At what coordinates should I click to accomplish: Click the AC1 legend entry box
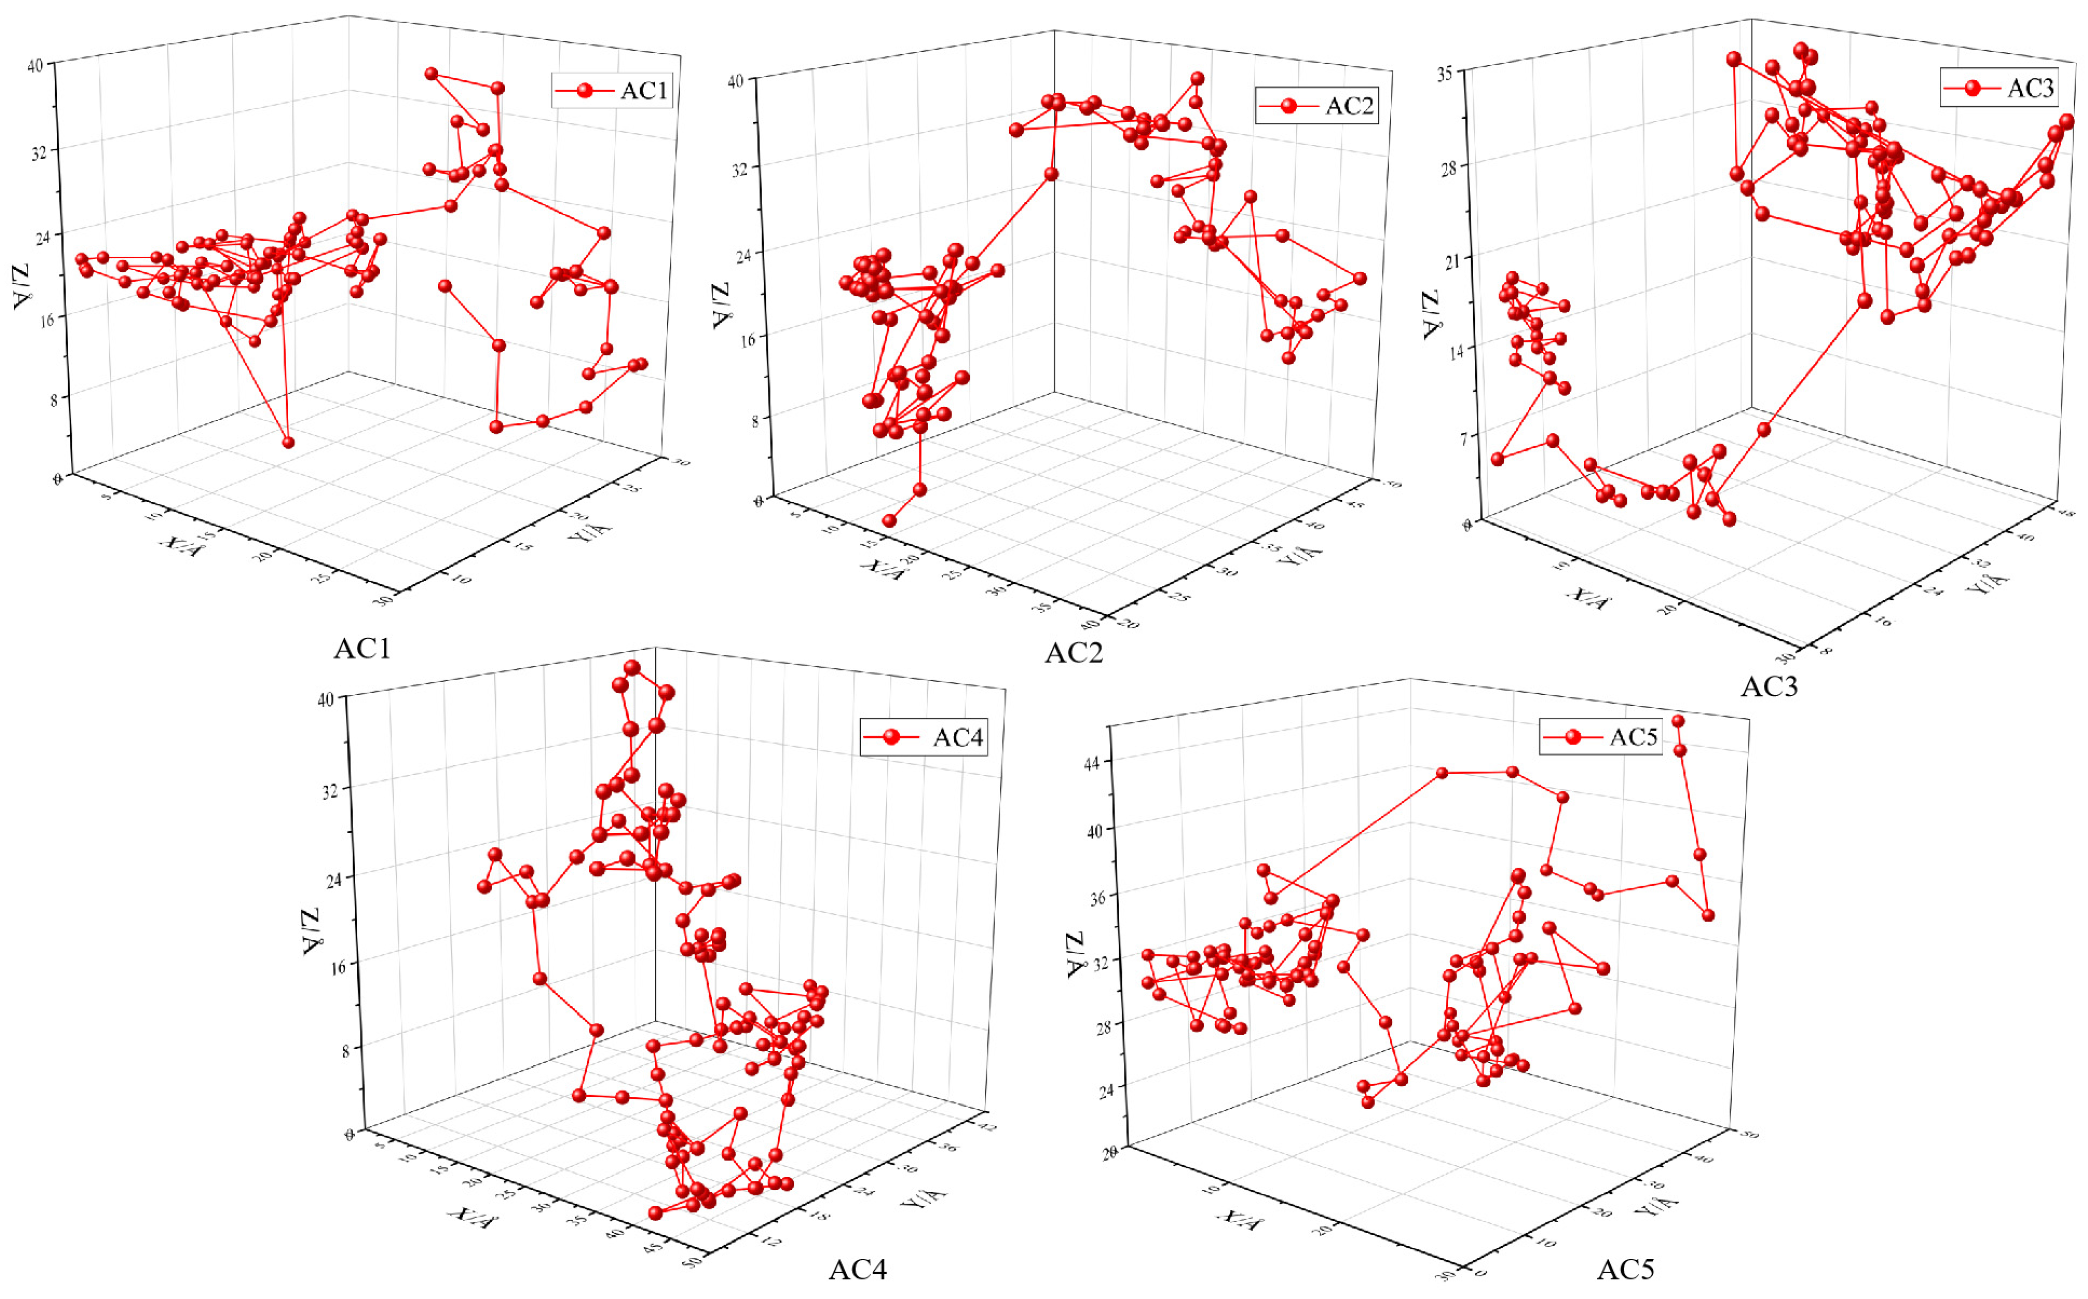pyautogui.click(x=611, y=90)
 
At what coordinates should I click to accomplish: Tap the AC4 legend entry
pyautogui.click(x=923, y=737)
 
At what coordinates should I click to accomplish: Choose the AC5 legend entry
pyautogui.click(x=1599, y=737)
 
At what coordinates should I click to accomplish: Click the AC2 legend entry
pyautogui.click(x=1316, y=106)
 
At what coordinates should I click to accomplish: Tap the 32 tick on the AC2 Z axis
pyautogui.click(x=738, y=169)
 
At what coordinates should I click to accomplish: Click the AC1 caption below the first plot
pyautogui.click(x=362, y=649)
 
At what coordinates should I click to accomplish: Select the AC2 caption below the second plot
pyautogui.click(x=1073, y=653)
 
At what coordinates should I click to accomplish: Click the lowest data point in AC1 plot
pyautogui.click(x=289, y=443)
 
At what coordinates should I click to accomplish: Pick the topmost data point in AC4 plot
pyautogui.click(x=632, y=668)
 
